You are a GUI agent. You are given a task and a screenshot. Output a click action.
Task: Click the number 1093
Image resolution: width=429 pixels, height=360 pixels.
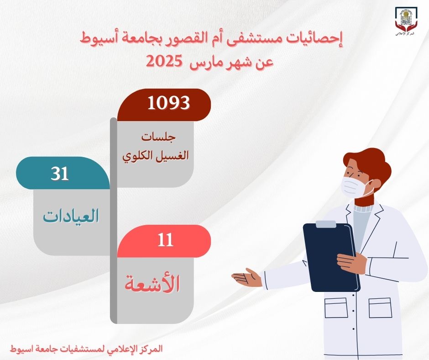click(x=168, y=103)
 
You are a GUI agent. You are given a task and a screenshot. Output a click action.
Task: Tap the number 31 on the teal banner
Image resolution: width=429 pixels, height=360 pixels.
click(x=60, y=174)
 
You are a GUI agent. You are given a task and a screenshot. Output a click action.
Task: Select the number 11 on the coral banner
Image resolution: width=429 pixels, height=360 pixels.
click(x=165, y=240)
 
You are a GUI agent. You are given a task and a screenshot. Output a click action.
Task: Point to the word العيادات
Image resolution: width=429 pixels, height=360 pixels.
click(x=71, y=216)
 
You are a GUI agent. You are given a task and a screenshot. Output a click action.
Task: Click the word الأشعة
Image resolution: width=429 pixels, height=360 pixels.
click(x=152, y=284)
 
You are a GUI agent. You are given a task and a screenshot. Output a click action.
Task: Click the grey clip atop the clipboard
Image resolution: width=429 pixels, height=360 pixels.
click(x=325, y=224)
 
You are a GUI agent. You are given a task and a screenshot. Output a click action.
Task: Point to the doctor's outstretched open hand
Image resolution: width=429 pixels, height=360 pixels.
click(x=247, y=277)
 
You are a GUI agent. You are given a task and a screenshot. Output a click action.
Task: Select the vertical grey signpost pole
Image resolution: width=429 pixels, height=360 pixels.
click(x=114, y=221)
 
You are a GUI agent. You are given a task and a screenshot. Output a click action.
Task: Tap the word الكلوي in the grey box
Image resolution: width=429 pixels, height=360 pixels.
click(x=135, y=156)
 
